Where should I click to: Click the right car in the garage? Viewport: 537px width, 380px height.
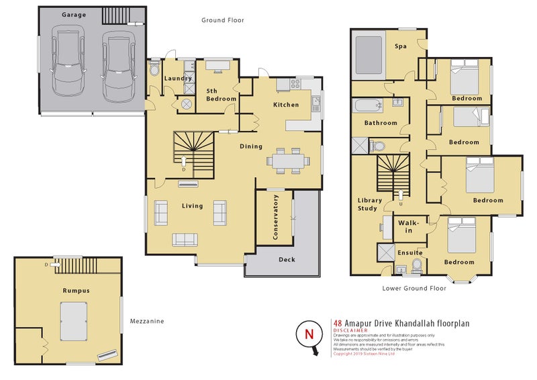[115, 64]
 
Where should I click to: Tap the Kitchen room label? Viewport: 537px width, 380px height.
[285, 105]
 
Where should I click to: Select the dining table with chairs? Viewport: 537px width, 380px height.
[287, 161]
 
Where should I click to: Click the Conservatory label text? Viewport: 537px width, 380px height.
[275, 218]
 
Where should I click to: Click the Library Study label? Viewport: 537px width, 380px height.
[369, 204]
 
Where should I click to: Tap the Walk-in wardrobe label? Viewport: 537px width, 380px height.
[409, 226]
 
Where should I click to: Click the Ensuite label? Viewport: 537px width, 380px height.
[409, 252]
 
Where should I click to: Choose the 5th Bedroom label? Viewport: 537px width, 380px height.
[221, 95]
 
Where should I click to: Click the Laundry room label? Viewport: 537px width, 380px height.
[178, 77]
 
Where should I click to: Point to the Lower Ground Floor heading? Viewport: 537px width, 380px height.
[413, 288]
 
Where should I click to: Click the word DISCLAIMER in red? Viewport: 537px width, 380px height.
[349, 330]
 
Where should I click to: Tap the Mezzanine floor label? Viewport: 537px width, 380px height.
[147, 322]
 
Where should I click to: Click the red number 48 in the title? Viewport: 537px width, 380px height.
[338, 323]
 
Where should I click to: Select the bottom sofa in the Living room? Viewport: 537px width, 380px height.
[185, 240]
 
